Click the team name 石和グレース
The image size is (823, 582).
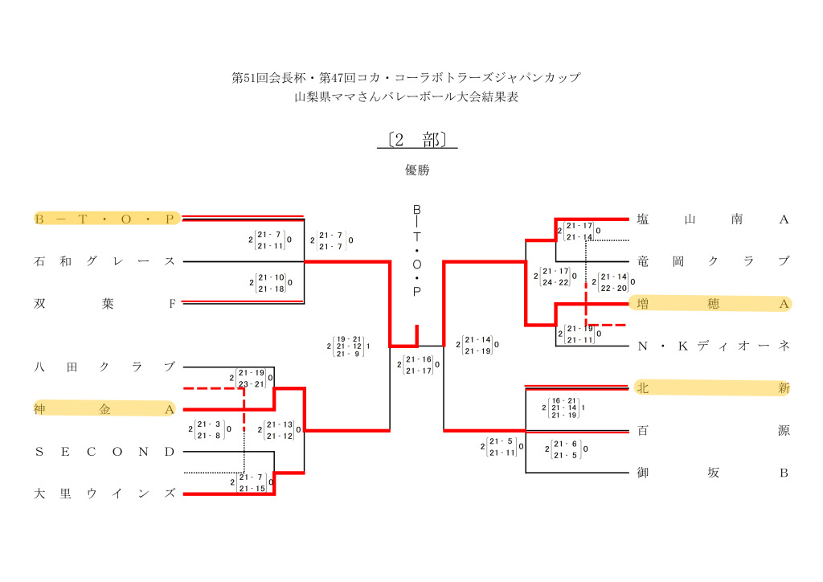pyautogui.click(x=104, y=261)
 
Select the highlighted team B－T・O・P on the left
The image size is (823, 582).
pyautogui.click(x=104, y=219)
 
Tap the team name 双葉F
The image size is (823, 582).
pyautogui.click(x=104, y=304)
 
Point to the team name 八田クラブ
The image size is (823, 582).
pyautogui.click(x=104, y=367)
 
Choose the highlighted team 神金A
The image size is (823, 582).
pyautogui.click(x=104, y=409)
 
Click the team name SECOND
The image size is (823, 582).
pyautogui.click(x=104, y=452)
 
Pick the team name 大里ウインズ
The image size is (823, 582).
pyautogui.click(x=104, y=494)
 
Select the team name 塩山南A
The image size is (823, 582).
pyautogui.click(x=713, y=219)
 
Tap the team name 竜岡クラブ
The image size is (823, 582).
pyautogui.click(x=713, y=261)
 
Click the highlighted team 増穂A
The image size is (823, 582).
pyautogui.click(x=713, y=304)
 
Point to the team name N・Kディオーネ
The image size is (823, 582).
pyautogui.click(x=713, y=346)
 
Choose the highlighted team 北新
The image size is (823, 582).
pyautogui.click(x=713, y=388)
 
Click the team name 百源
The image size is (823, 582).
pyautogui.click(x=713, y=431)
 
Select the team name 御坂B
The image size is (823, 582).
pyautogui.click(x=713, y=473)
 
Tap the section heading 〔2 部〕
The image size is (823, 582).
pyautogui.click(x=416, y=140)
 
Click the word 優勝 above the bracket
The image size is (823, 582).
pyautogui.click(x=417, y=170)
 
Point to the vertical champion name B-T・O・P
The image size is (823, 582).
pyautogui.click(x=416, y=251)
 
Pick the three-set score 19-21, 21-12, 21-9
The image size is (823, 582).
pyautogui.click(x=348, y=346)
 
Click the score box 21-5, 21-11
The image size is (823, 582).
pyautogui.click(x=502, y=447)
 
